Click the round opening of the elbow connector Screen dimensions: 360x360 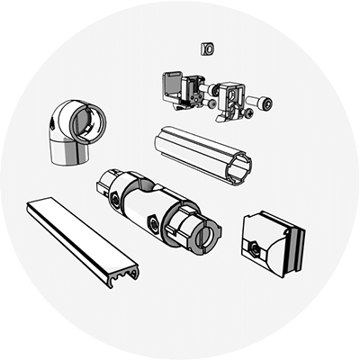[88, 124]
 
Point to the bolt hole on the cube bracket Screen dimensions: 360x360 [256, 246]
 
